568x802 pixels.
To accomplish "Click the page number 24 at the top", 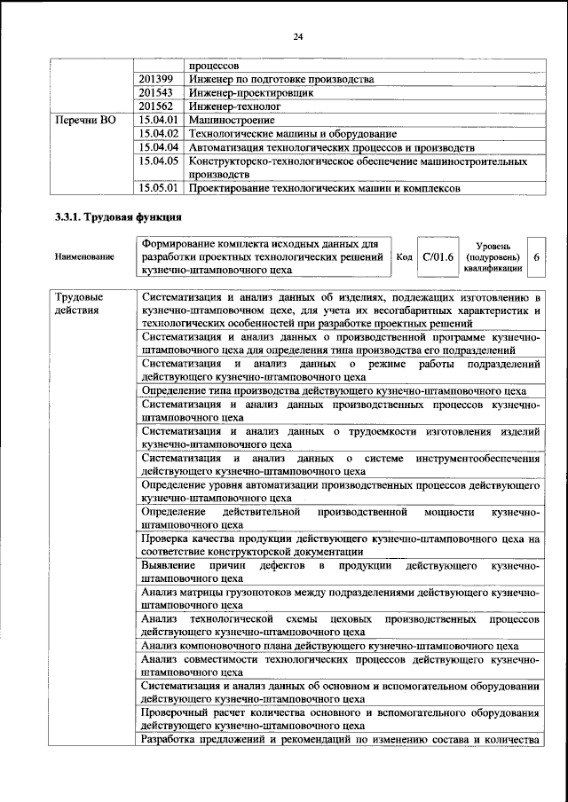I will click(297, 36).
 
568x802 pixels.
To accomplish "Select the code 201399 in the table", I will click(156, 78).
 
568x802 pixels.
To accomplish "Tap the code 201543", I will click(156, 91).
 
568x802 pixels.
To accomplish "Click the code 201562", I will click(156, 105).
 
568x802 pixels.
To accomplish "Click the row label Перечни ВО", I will click(85, 119).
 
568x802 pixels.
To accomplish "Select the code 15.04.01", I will click(160, 119).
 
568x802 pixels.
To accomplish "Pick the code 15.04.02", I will click(160, 132).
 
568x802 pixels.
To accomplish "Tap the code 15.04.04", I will click(160, 146).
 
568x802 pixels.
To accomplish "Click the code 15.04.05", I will click(160, 161).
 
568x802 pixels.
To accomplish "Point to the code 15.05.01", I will click(160, 188).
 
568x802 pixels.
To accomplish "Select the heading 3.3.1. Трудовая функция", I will click(118, 216).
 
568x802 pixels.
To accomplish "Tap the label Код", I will click(404, 256).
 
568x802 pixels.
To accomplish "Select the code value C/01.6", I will click(438, 256).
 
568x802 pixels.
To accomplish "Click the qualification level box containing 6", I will click(536, 256).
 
